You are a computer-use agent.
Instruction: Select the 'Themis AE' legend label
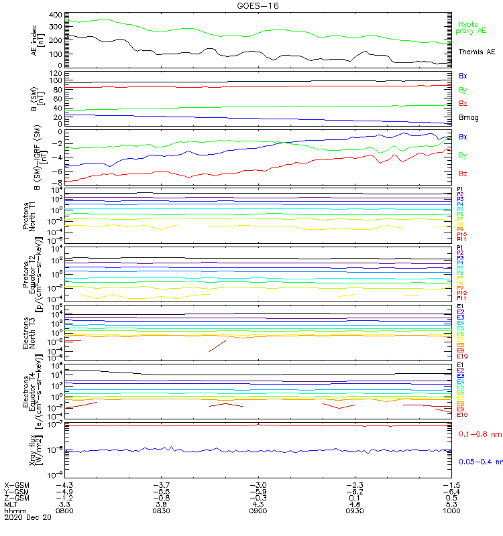[x=476, y=52]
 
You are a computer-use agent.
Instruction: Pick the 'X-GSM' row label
[x=18, y=484]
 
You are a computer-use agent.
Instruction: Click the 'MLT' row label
[x=11, y=504]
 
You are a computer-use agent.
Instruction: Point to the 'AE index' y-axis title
[x=34, y=39]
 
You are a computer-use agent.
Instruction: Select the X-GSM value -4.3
[x=64, y=484]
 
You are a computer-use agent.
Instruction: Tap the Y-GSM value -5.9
[x=258, y=490]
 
